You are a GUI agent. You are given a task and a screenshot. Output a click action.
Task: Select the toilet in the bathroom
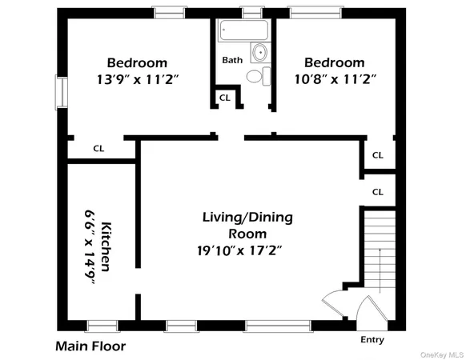[255, 76]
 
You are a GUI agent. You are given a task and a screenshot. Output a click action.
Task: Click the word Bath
[232, 59]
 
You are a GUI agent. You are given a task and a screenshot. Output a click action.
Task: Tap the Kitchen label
[106, 245]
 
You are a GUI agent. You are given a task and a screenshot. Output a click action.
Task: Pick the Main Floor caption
[90, 346]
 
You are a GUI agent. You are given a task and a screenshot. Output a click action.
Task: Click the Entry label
[372, 340]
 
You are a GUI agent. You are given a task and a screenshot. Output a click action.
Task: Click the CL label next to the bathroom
[224, 98]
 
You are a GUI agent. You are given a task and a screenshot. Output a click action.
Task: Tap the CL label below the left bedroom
[98, 148]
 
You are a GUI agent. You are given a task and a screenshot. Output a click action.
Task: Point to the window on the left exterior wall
[60, 93]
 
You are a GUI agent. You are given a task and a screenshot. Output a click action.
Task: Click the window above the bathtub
[251, 12]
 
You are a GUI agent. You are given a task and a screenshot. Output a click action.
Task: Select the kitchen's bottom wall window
[102, 326]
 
